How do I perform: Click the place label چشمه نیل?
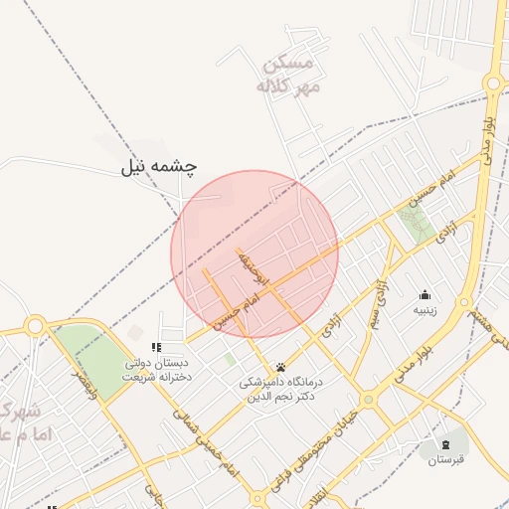coord(160,166)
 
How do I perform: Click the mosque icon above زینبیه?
coord(425,294)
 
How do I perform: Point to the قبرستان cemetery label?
coord(445,460)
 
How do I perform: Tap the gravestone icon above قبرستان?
coord(445,443)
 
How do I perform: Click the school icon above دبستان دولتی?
coord(154,347)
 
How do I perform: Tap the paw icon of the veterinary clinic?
coord(280,366)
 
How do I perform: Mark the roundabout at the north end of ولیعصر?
coord(35,325)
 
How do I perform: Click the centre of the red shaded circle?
coord(254,254)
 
